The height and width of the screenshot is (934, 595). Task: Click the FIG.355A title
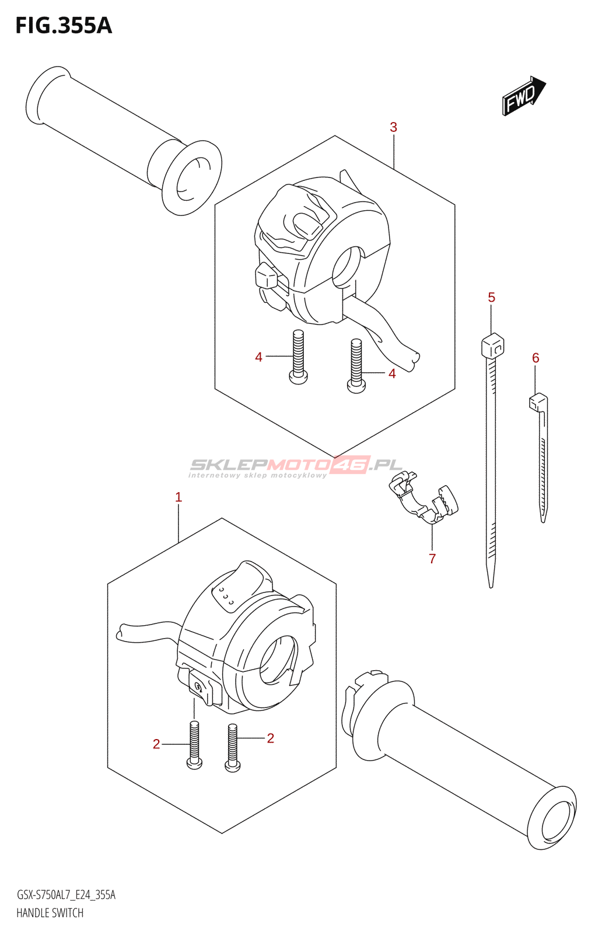(x=63, y=26)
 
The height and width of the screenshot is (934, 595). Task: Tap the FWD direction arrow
(x=523, y=95)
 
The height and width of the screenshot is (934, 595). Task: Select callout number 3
(x=394, y=127)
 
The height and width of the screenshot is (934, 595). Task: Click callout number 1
(x=178, y=497)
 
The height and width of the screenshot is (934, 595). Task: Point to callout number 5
(x=491, y=298)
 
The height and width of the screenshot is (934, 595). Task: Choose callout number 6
(x=535, y=358)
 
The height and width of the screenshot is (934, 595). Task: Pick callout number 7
(x=432, y=559)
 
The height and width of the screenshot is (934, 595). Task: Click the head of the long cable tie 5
(x=492, y=345)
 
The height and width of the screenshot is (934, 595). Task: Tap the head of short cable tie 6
(x=538, y=401)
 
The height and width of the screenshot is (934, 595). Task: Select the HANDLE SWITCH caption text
(x=50, y=913)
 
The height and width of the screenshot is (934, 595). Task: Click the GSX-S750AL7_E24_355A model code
(x=66, y=895)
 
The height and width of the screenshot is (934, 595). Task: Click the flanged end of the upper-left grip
(x=192, y=177)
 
